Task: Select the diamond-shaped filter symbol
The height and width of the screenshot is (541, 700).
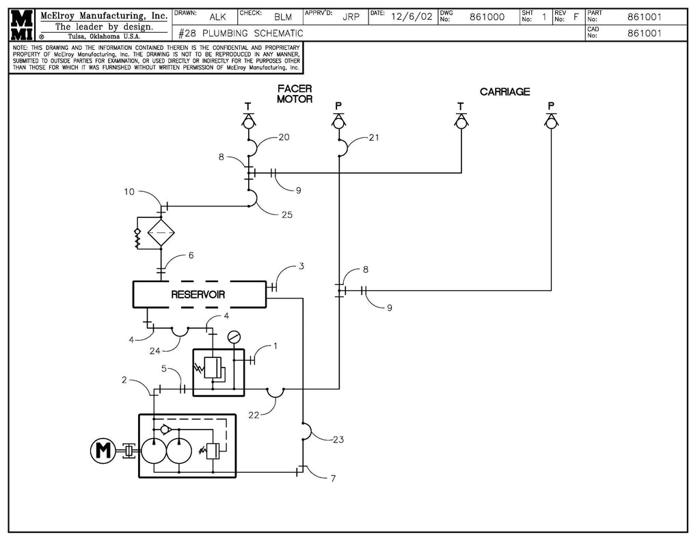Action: click(x=161, y=233)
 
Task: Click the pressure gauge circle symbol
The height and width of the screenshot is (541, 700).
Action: click(x=234, y=336)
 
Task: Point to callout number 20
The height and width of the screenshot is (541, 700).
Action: click(x=284, y=137)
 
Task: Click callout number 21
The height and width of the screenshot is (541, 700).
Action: click(x=374, y=137)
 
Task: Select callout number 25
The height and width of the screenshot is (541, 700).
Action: click(x=286, y=214)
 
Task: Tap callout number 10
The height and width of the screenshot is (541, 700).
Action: click(x=129, y=192)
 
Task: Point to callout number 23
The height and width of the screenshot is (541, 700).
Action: click(x=338, y=440)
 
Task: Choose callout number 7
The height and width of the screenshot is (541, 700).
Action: click(x=333, y=478)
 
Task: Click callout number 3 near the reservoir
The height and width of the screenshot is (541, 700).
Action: click(x=301, y=266)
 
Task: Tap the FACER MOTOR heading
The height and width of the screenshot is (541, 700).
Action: click(x=295, y=94)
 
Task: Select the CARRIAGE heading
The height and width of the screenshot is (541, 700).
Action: click(x=504, y=92)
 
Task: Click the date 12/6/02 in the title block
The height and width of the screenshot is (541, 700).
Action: click(x=411, y=17)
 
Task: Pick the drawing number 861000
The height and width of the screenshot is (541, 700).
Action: click(x=487, y=17)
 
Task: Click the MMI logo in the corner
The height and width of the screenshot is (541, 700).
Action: click(x=23, y=25)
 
